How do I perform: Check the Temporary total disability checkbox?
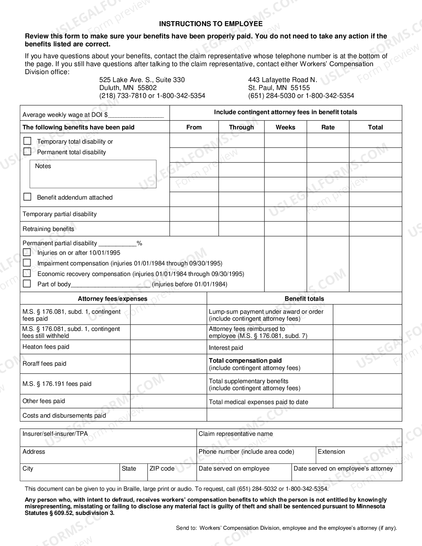(x=27, y=141)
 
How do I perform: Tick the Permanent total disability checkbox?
(x=27, y=152)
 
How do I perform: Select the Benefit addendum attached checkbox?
(x=27, y=197)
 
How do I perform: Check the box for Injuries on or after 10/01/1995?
(x=27, y=252)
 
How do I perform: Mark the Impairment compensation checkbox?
(x=27, y=263)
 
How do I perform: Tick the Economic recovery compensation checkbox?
(x=27, y=273)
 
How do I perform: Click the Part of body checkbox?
(x=27, y=284)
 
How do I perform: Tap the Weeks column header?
(x=285, y=127)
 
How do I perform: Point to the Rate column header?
(x=328, y=127)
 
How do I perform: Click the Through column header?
(x=241, y=127)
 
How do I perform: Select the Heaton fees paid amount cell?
(x=168, y=347)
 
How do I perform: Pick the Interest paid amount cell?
(x=367, y=347)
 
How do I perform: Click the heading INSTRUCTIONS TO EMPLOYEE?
(x=211, y=24)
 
